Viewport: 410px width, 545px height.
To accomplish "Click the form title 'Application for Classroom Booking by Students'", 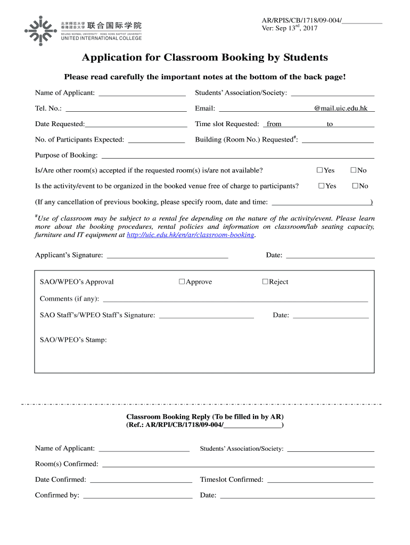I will coord(204,57).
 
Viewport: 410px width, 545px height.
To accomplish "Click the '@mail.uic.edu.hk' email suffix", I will coord(341,109).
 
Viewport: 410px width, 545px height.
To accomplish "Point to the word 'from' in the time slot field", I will coord(274,124).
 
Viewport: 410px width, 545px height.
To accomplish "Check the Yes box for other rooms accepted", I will coord(319,170).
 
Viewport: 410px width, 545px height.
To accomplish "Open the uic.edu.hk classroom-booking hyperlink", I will coord(191,235).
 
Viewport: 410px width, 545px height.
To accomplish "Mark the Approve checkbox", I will coord(182,282).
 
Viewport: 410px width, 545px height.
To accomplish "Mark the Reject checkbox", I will coord(265,282).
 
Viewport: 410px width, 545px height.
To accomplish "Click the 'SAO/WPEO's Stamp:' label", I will coord(73,340).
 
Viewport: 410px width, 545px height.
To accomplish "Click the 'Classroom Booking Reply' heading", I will coord(205,416).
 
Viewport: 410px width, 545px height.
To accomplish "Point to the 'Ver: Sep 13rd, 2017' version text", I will coord(289,28).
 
